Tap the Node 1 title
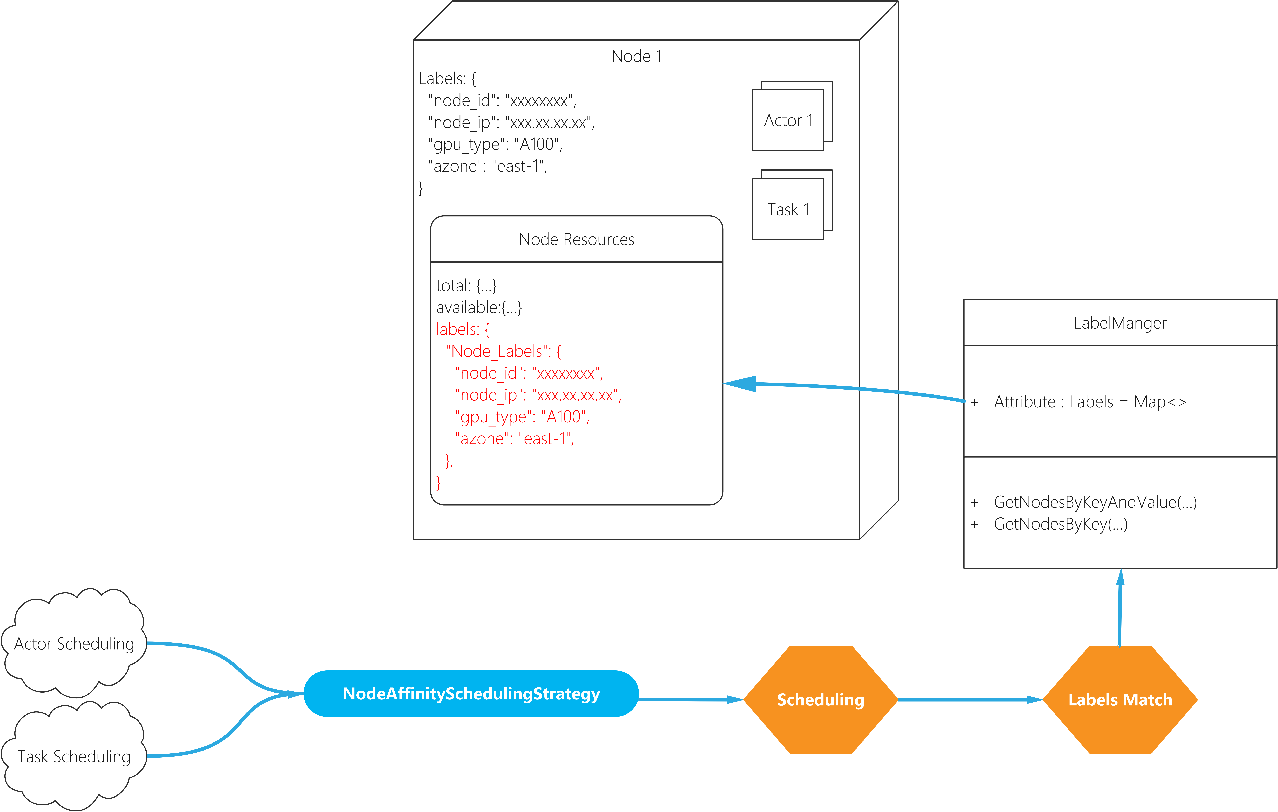(636, 56)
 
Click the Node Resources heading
(576, 240)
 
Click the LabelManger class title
(1120, 323)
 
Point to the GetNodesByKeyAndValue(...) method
(1095, 502)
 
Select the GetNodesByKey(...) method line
(1060, 524)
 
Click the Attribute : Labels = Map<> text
(1090, 402)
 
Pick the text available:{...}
(479, 307)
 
